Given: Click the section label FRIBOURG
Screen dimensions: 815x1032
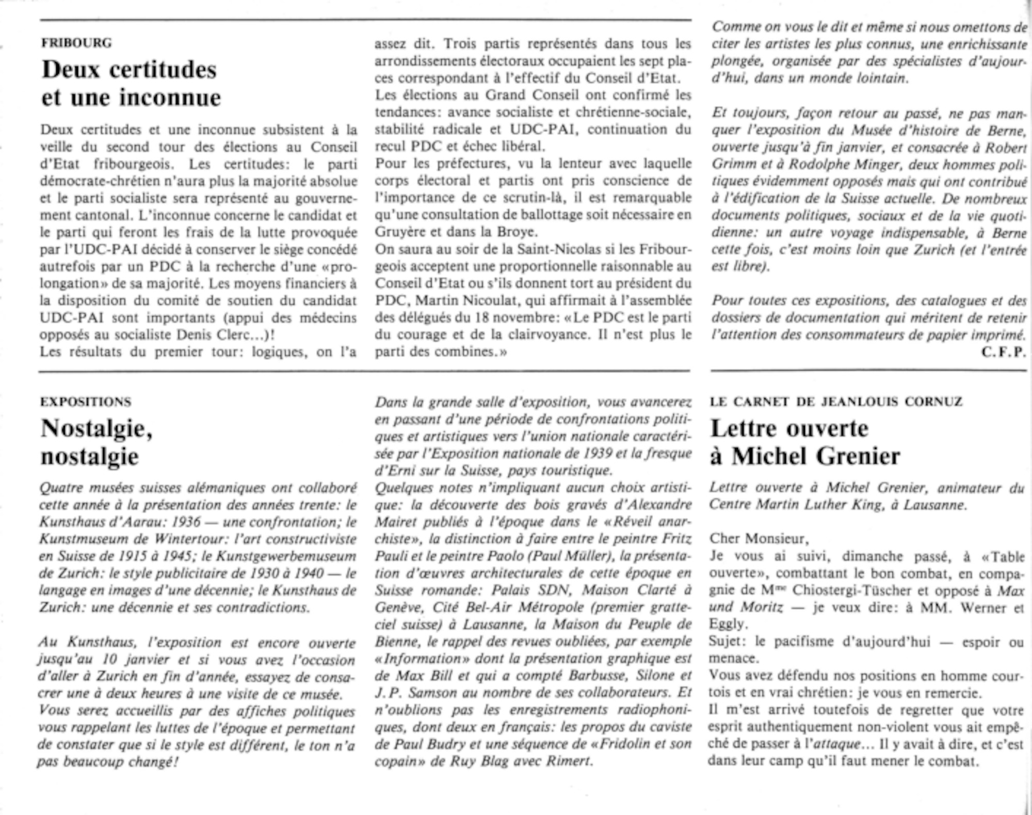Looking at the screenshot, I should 76,43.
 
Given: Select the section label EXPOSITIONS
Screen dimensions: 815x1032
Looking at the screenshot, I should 86,402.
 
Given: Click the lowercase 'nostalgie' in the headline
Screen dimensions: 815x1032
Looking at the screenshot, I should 90,456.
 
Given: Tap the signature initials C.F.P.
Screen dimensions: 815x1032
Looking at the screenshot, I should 1004,352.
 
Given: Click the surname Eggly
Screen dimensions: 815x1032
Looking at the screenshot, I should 728,624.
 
